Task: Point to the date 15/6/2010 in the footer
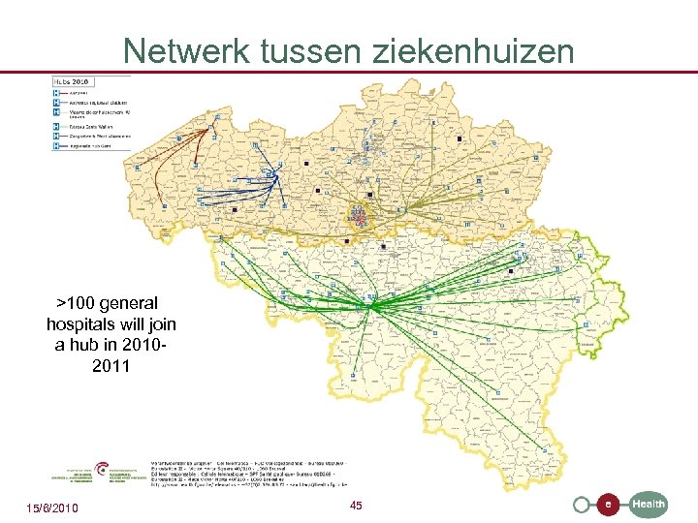pos(52,508)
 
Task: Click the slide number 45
pos(356,507)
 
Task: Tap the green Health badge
pos(648,504)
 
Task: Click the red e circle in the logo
pos(608,504)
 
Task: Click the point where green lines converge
pos(372,306)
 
